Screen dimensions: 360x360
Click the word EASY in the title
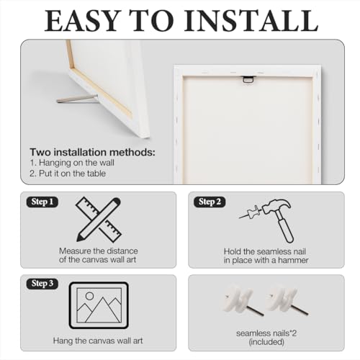tap(82, 21)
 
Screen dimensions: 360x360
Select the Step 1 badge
tap(42, 202)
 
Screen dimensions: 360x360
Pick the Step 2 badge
tap(210, 202)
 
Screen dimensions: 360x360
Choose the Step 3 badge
tap(42, 284)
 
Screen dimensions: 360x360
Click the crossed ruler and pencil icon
tap(99, 220)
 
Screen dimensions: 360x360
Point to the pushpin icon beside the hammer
tap(250, 212)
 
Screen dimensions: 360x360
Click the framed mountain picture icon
tap(99, 305)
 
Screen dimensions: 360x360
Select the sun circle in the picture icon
tap(89, 296)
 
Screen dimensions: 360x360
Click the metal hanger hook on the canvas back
tap(248, 79)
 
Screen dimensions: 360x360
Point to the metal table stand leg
tap(77, 99)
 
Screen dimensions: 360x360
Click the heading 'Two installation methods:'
tap(92, 153)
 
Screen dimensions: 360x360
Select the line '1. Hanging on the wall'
tap(72, 163)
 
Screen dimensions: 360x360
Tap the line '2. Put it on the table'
tap(68, 174)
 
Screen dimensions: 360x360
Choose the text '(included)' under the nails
tap(266, 342)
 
